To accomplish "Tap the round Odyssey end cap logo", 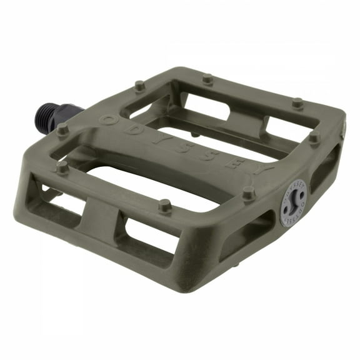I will click(292, 203).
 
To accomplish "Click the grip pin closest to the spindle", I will click(62, 129).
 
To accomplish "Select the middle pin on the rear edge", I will click(207, 79).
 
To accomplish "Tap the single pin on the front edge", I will click(165, 204).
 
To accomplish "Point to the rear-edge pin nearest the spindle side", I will click(139, 84).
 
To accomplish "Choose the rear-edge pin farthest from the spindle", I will click(297, 102).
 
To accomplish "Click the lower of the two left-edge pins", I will click(61, 167).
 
